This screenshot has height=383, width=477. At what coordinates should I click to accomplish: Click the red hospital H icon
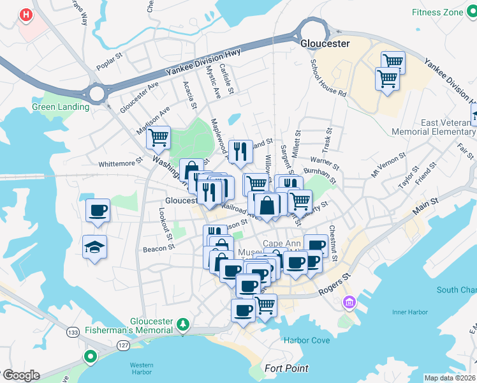pos(26,14)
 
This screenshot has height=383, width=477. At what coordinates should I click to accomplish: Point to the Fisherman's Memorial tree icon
pos(183,324)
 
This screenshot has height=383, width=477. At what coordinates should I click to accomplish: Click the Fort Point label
pos(286,368)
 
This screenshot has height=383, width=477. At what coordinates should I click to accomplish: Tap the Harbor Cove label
pos(307,340)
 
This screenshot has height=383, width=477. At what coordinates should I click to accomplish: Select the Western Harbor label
pos(142,368)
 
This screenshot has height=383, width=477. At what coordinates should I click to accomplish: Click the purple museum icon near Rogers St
pos(349,301)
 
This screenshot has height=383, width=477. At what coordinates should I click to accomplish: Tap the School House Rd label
pos(328,78)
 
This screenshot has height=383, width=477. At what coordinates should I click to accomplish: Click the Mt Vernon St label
pos(388,164)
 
